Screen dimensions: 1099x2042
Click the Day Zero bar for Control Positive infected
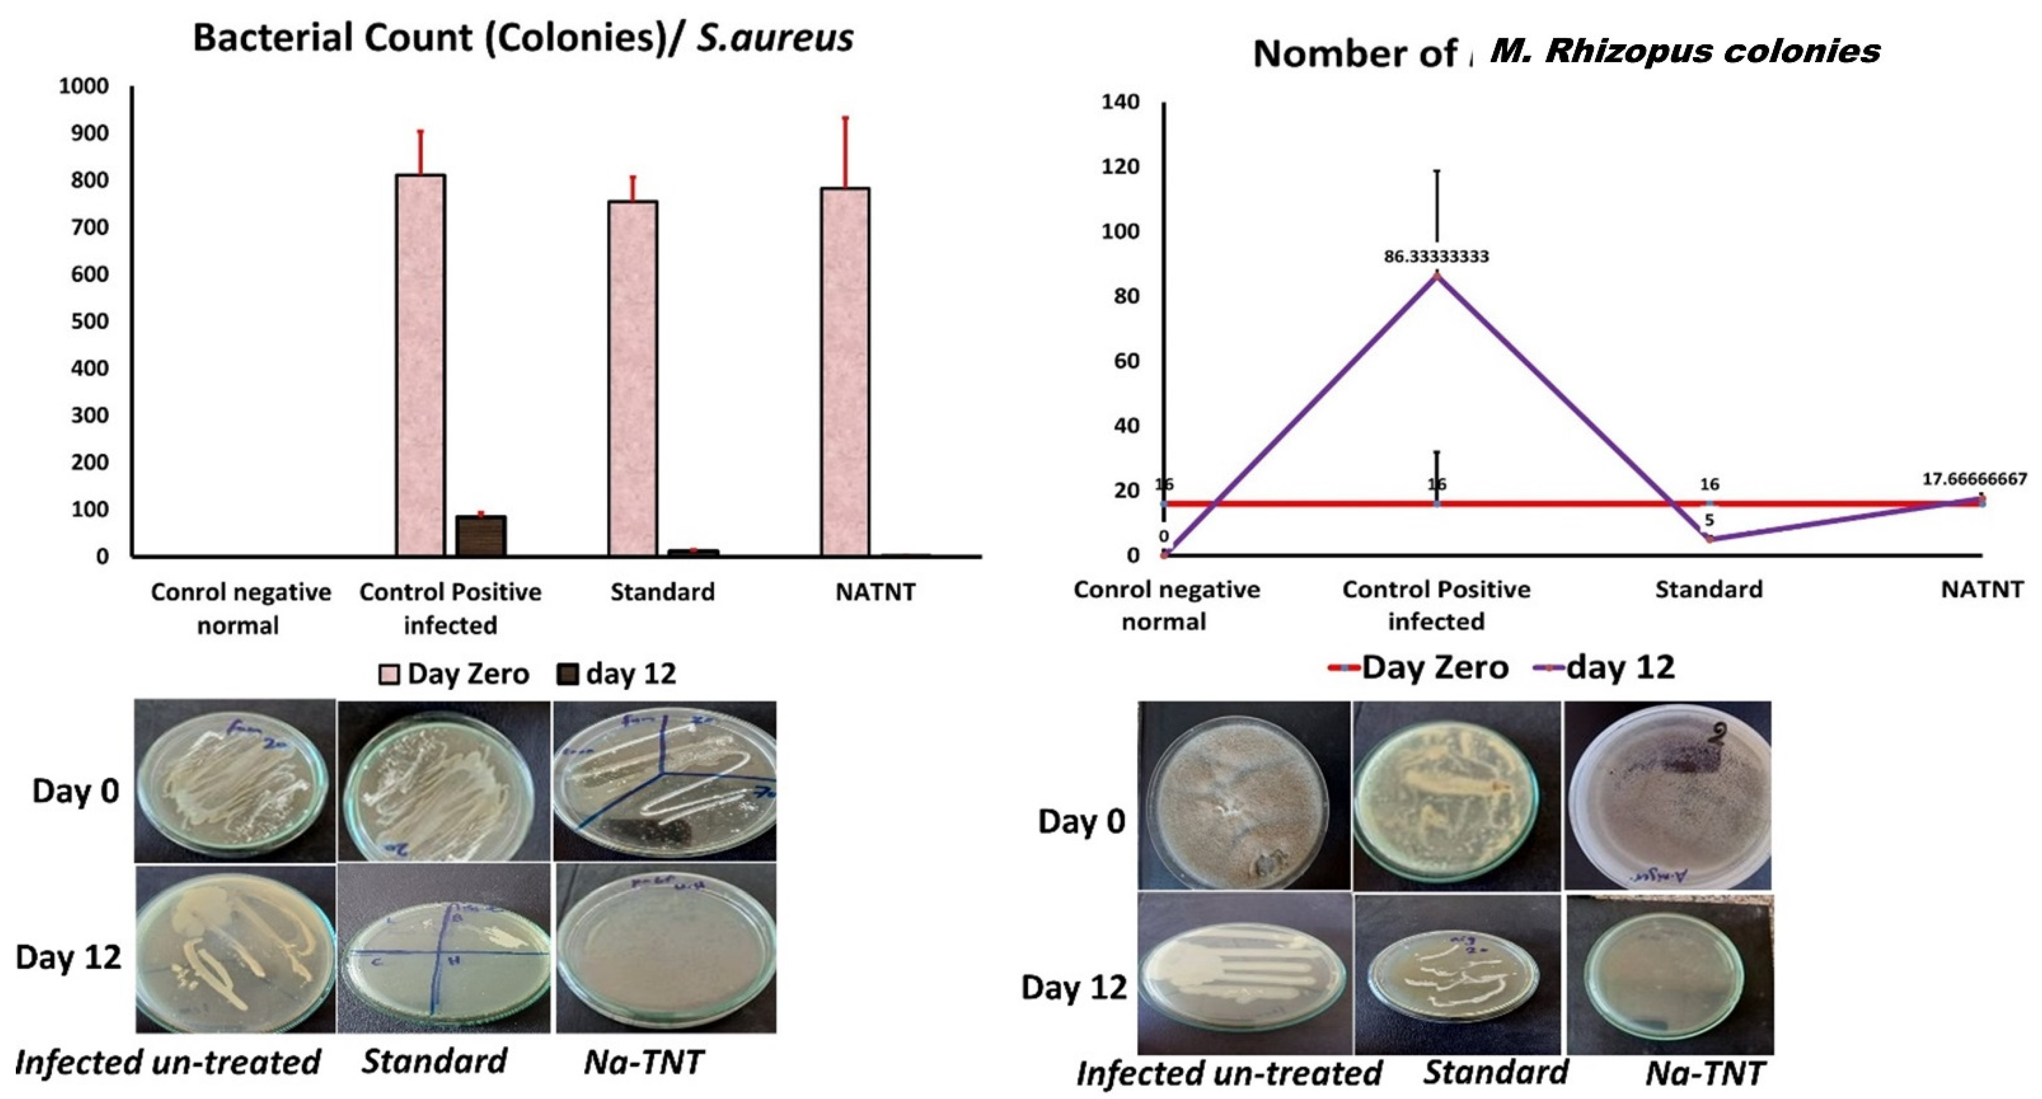pos(420,365)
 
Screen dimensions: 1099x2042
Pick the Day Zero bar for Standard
pos(633,378)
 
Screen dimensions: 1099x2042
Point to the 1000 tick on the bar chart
pos(83,86)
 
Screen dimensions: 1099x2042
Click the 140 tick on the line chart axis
pos(1120,102)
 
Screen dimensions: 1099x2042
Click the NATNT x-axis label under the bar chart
pos(875,592)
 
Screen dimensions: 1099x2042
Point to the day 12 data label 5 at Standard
pos(1709,520)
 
